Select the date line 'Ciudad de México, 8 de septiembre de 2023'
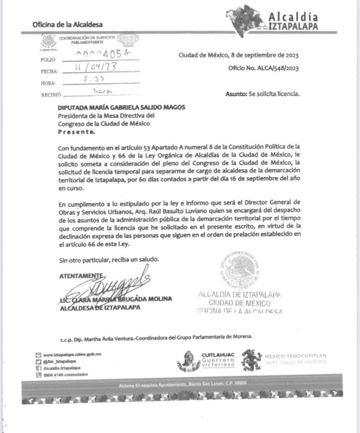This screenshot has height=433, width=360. point(239,56)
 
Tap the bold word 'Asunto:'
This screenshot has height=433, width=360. point(236,94)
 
